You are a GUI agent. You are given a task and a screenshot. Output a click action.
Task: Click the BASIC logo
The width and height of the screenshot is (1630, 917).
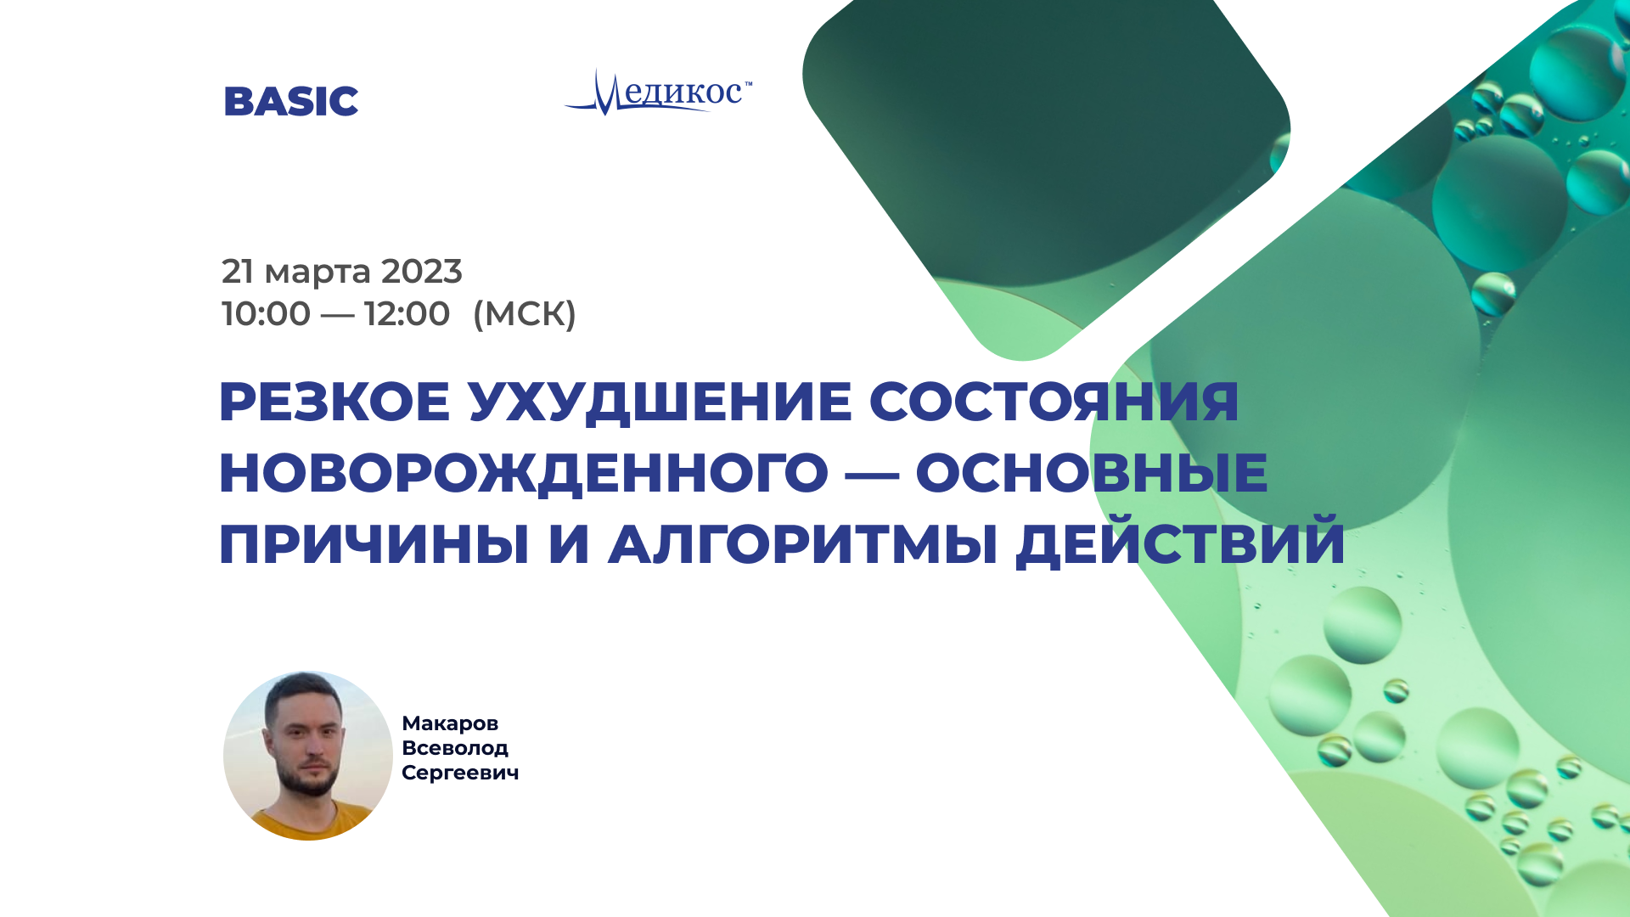tap(291, 101)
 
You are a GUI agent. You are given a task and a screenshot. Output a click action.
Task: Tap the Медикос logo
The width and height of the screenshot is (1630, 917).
tap(658, 92)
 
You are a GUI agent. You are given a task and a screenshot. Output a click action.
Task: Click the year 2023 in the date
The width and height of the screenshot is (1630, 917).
tap(421, 272)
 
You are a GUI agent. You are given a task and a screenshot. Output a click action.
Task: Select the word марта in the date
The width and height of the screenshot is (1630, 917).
tap(318, 273)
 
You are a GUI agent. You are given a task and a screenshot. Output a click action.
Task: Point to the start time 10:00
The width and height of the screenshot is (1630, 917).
tap(266, 313)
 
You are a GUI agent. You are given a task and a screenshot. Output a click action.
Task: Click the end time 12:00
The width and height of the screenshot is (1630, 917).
tap(407, 313)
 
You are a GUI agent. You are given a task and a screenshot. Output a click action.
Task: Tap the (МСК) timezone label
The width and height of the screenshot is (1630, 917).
tap(525, 313)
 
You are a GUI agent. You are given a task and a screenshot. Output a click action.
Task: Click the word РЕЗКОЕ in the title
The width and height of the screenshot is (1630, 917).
tap(334, 402)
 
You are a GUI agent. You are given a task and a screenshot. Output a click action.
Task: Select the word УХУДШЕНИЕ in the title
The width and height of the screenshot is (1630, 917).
tap(660, 403)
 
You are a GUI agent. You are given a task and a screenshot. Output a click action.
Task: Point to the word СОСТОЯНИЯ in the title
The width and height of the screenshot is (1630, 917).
tap(1054, 402)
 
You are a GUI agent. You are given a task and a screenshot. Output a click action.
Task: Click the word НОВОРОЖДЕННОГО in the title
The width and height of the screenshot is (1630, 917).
tap(524, 474)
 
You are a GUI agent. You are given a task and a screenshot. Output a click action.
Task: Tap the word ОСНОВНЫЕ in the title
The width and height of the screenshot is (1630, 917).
tap(1092, 473)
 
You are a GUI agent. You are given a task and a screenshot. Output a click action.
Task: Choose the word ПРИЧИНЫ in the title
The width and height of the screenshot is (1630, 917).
tap(374, 544)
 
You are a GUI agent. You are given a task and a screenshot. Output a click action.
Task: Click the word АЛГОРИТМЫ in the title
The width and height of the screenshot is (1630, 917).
tap(803, 544)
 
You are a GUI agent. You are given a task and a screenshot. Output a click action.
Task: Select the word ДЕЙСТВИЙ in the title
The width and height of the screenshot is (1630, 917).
tap(1181, 541)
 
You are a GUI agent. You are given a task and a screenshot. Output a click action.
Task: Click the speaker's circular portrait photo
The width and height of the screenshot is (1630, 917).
tap(308, 756)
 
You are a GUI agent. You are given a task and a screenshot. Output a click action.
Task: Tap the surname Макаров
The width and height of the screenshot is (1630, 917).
tap(450, 723)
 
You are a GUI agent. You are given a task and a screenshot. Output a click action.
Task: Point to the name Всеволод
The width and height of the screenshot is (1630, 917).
tap(455, 748)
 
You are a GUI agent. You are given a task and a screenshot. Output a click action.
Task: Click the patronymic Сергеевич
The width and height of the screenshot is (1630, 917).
tap(460, 773)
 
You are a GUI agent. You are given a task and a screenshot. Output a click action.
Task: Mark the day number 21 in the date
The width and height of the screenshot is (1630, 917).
tap(238, 272)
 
